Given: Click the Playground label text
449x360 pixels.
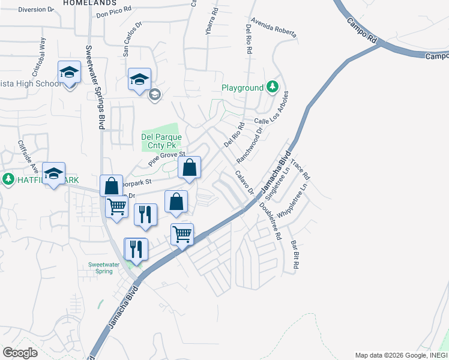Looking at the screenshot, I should (x=243, y=88).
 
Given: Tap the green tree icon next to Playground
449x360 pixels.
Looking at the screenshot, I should (x=273, y=88).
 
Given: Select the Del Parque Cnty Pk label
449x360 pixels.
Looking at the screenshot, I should (x=161, y=141).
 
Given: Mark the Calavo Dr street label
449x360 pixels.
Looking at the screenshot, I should (x=245, y=182).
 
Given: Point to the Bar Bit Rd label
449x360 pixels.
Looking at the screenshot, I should (x=295, y=254).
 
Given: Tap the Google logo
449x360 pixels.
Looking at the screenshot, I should (x=20, y=353).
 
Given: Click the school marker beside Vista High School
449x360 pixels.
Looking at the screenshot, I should (x=70, y=74).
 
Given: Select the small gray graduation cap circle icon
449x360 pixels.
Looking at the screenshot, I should (x=154, y=94).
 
